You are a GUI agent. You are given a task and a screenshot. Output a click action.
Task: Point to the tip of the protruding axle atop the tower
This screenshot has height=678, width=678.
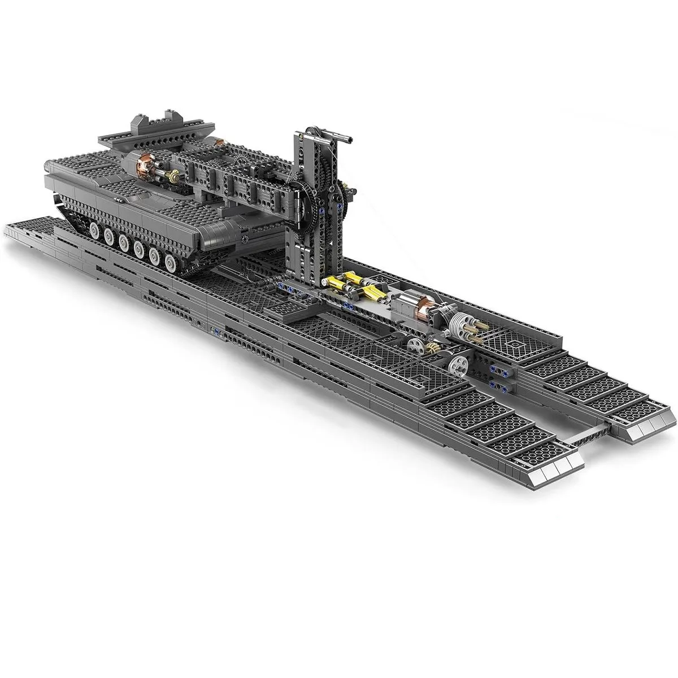351,138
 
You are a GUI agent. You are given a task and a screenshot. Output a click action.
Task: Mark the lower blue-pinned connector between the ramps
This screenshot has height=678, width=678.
501,384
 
